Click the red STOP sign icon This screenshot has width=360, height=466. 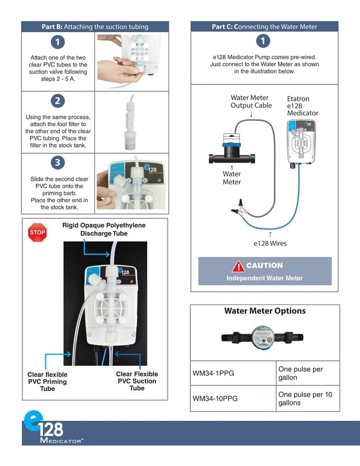[38, 233]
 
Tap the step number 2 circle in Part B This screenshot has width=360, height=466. [58, 101]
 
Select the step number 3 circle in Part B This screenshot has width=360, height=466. [58, 163]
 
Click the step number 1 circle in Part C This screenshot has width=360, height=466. [263, 41]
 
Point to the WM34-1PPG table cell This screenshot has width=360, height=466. [233, 373]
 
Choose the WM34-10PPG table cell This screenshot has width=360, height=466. [233, 398]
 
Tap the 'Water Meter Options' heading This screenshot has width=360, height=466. [265, 311]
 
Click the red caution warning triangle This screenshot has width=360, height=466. [238, 266]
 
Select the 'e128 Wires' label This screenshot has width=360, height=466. [270, 243]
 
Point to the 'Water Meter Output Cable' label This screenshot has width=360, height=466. [251, 102]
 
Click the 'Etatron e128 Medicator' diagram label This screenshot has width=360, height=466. [302, 106]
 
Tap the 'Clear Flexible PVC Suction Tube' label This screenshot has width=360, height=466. [137, 381]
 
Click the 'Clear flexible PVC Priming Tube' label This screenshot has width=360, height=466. [48, 381]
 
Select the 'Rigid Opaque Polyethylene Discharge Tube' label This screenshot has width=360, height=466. [103, 229]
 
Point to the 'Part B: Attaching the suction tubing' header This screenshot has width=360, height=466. [95, 27]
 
